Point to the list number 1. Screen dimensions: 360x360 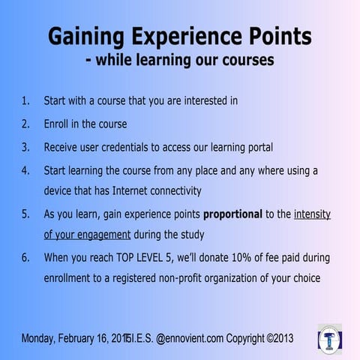[x=25, y=100]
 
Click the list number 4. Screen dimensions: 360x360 [x=25, y=169]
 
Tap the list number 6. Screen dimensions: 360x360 [x=25, y=257]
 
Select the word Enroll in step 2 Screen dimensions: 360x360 [x=60, y=123]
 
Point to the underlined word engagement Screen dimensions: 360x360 [x=98, y=234]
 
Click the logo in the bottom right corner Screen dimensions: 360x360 [x=330, y=339]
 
